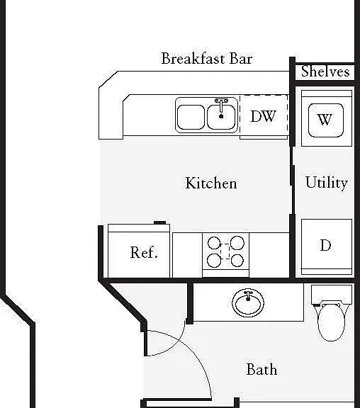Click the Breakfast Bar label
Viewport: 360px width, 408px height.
coord(207,59)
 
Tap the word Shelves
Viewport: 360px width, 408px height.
coord(325,72)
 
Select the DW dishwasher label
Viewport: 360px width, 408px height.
coord(263,116)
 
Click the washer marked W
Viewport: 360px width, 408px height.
coord(327,118)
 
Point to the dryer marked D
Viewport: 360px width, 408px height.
coord(327,246)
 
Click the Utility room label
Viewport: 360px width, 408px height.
coord(327,183)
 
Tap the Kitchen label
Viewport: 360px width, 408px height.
coord(211,183)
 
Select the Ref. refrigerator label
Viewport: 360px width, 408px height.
coord(144,252)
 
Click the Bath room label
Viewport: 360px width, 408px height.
coord(261,369)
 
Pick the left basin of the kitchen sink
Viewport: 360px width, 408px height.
coord(191,117)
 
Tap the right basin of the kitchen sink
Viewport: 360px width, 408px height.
coord(221,117)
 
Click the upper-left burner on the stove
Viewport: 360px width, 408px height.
coord(214,243)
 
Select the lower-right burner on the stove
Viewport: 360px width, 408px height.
coord(237,261)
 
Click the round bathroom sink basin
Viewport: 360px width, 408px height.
coord(248,303)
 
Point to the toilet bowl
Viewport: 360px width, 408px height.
coord(332,323)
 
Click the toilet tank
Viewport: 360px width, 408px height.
coord(332,294)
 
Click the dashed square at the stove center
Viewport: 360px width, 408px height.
coord(225,251)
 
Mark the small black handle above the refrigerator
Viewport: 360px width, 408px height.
coord(160,222)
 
